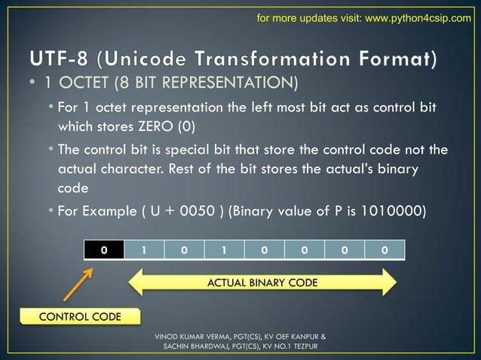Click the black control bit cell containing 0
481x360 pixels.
point(103,251)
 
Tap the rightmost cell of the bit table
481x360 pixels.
point(384,251)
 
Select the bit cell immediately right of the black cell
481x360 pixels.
point(144,251)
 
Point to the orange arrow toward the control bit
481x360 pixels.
point(75,282)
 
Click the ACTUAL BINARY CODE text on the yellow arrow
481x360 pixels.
point(262,282)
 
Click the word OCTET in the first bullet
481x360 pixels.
point(90,81)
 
